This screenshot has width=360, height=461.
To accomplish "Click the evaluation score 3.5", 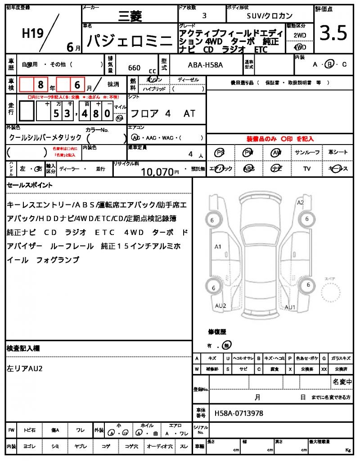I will [333, 33].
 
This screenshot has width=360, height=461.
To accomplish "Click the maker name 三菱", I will [130, 17].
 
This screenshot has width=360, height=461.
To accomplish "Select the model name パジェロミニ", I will [129, 42].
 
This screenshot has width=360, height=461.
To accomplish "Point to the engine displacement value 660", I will [134, 68].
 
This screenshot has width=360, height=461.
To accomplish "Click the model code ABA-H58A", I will [205, 65].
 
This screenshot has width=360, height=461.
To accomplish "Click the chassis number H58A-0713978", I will [238, 413].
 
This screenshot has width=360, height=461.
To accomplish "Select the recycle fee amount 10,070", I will [157, 172].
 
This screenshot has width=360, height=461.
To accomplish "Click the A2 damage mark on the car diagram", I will [300, 203].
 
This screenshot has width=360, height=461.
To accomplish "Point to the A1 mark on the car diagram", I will [218, 247].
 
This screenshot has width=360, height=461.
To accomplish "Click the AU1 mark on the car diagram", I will [290, 307].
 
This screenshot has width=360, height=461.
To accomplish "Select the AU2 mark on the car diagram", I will [220, 306].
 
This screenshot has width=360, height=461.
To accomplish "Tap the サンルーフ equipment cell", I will [307, 153].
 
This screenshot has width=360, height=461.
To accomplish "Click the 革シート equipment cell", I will [338, 153].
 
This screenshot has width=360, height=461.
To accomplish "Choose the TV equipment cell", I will [307, 169].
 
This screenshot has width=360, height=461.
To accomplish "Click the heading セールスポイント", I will [30, 185].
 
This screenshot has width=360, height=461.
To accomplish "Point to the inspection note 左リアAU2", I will [25, 369].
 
